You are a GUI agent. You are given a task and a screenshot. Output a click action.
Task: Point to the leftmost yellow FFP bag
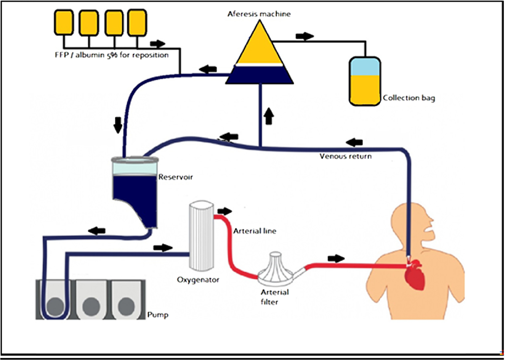[x=64, y=22]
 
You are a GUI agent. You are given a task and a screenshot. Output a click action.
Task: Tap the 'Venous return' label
[x=346, y=156]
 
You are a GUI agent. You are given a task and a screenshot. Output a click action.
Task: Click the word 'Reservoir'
[x=175, y=177]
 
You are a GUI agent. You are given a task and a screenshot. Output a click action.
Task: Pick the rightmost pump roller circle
[x=128, y=307]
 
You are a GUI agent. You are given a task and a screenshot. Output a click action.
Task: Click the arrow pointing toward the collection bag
[x=305, y=36]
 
